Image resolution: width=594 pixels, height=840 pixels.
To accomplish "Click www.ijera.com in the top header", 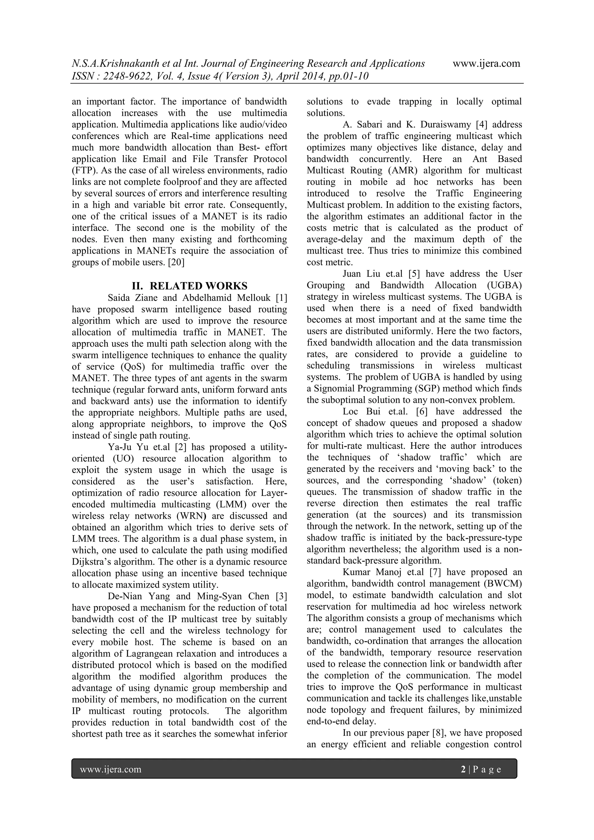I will pyautogui.click(x=486, y=64).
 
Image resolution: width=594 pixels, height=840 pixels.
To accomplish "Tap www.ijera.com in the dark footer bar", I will pyautogui.click(x=111, y=769).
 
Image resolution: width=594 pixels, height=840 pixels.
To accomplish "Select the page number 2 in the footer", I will pyautogui.click(x=463, y=769).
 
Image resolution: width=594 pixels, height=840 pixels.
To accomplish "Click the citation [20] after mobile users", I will pyautogui.click(x=176, y=262).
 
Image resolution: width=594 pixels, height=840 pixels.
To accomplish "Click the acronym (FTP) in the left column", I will pyautogui.click(x=84, y=171).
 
